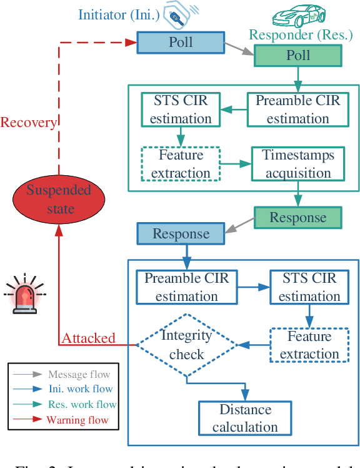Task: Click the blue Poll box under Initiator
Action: click(x=181, y=43)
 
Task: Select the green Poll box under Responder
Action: click(x=297, y=56)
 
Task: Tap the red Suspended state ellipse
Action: click(x=57, y=200)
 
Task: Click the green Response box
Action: click(x=297, y=218)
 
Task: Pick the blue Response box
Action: click(x=181, y=234)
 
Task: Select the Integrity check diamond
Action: click(x=186, y=345)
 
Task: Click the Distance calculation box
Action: click(x=244, y=419)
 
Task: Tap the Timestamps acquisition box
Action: click(x=297, y=163)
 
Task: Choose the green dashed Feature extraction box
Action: click(x=181, y=164)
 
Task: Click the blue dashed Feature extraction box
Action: click(x=309, y=345)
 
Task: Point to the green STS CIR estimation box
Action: click(x=181, y=109)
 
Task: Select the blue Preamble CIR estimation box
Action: click(x=186, y=287)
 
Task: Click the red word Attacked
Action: click(x=88, y=338)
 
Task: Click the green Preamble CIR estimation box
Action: click(x=297, y=109)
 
